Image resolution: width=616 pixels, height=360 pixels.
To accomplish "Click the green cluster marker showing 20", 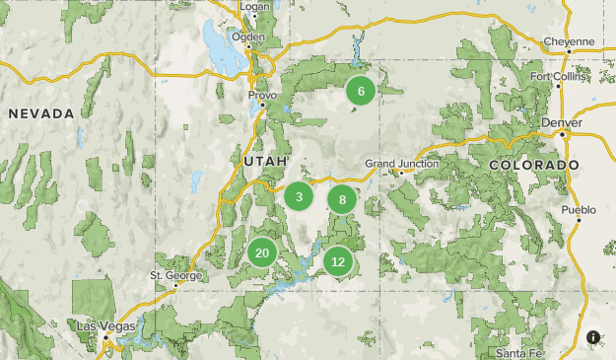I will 262,253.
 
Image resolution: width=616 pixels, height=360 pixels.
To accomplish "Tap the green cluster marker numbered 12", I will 338,261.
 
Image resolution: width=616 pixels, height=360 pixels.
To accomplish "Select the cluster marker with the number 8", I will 342,200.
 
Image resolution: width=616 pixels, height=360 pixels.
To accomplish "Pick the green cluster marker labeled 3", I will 299,197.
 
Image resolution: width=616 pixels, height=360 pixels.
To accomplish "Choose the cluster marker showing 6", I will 361,92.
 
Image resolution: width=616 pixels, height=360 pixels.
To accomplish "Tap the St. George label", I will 174,275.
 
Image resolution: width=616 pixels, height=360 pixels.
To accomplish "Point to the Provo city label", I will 262,96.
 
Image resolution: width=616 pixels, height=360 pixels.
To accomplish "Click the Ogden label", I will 248,36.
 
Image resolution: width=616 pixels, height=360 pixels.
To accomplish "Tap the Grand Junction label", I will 399,163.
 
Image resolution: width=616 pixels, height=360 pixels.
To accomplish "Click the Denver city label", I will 562,122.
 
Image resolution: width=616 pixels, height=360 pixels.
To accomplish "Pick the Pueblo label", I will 579,210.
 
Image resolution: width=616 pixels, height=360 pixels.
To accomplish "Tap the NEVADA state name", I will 41,114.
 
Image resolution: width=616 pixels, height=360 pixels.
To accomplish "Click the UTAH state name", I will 265,160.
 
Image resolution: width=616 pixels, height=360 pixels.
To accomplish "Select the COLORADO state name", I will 533,165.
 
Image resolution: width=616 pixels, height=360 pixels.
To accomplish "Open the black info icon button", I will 593,337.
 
